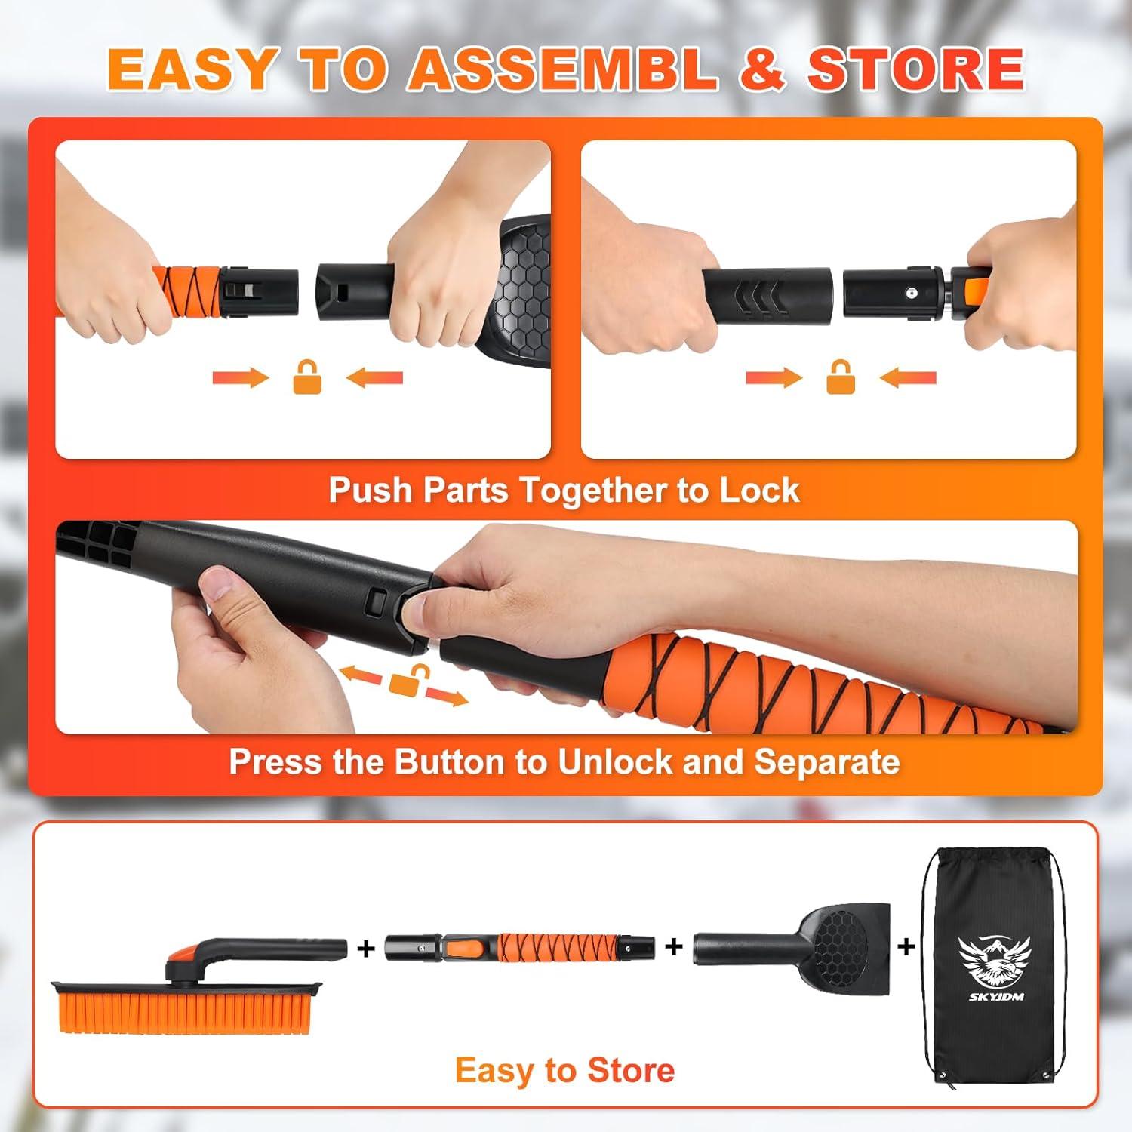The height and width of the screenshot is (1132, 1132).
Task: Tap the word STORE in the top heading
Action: (916, 69)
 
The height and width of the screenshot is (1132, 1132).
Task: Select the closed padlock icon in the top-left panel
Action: (307, 377)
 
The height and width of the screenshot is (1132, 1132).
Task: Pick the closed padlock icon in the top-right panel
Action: (841, 377)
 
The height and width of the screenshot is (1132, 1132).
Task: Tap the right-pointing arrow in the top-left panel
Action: (241, 377)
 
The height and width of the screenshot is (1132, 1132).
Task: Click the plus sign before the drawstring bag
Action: (906, 946)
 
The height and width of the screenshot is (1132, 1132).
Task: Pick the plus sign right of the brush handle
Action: (366, 948)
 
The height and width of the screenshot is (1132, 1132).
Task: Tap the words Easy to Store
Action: (564, 1070)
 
